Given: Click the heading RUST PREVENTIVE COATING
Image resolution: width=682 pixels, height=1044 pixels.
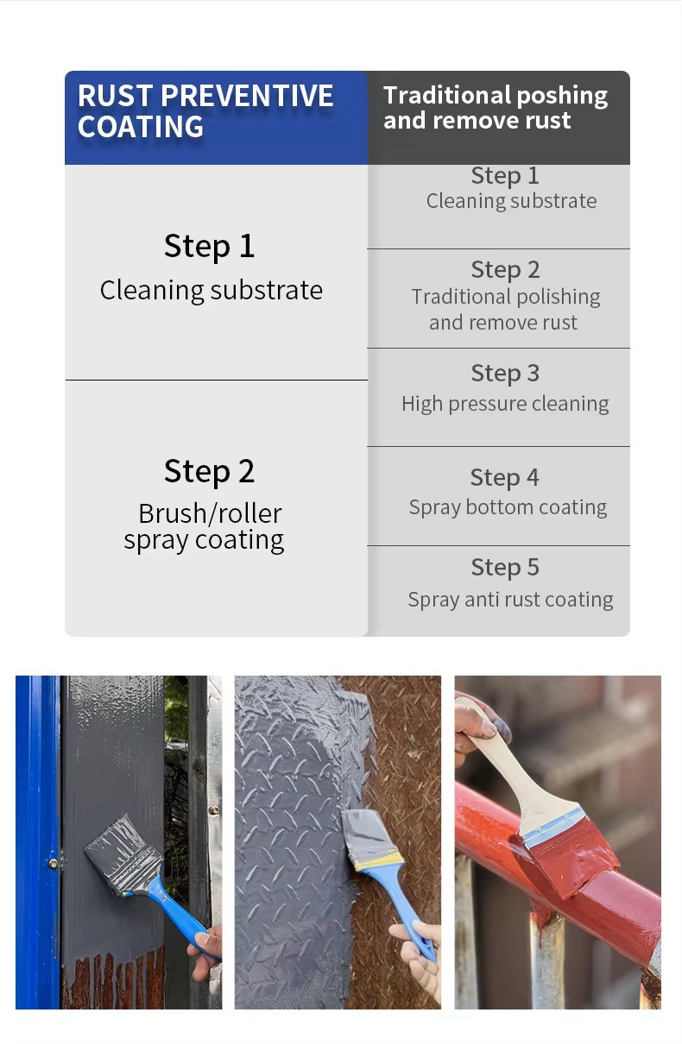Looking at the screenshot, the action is pos(205,111).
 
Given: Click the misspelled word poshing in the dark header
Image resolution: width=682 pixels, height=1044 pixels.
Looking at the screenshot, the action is pos(562,97).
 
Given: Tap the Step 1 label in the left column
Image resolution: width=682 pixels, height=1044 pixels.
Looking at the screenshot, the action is pos(209,246).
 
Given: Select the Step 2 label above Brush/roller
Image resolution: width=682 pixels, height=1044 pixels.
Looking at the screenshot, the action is pos(209,471).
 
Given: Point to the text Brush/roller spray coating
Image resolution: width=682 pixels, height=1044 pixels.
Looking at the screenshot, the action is pos(205,527).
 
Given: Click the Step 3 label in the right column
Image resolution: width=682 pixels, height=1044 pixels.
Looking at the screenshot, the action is pos(505,374).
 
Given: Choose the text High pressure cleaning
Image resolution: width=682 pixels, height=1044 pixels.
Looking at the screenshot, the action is pos(505,404).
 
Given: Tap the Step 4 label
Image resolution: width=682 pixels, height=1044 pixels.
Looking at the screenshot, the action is pos(504,478).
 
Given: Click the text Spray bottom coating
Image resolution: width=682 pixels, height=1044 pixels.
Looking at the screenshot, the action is pos(508,507).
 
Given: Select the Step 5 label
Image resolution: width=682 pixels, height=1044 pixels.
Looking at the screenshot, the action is pos(505,568).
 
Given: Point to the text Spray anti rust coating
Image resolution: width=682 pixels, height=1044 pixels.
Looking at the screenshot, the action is pos(510,600).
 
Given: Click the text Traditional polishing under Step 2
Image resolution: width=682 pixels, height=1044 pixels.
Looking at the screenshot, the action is pos(506,297).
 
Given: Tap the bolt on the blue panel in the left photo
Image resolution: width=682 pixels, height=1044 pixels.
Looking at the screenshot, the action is pos(54,864).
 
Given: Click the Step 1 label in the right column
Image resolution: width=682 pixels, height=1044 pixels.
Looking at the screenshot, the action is pos(505,176).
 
